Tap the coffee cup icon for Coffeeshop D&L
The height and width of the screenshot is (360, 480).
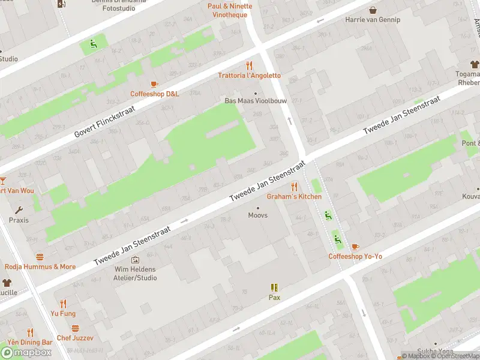(154, 84)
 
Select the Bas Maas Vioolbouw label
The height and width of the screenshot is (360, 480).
(251, 101)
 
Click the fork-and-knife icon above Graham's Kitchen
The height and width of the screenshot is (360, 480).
(294, 187)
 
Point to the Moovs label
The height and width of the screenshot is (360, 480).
(258, 215)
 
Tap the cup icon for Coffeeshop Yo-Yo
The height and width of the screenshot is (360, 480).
(355, 247)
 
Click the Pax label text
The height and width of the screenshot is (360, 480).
(274, 297)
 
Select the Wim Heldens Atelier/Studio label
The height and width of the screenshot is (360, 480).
(136, 274)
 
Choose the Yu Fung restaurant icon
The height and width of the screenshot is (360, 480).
(63, 304)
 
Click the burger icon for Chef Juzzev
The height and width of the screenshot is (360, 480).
(75, 328)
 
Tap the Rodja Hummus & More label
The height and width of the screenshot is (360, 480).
(40, 266)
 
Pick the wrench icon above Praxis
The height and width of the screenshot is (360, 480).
(19, 210)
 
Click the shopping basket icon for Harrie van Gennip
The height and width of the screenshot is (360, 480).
(373, 10)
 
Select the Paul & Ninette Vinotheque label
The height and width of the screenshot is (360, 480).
(230, 10)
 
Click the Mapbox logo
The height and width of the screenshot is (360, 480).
(26, 353)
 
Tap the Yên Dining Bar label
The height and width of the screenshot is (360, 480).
(30, 342)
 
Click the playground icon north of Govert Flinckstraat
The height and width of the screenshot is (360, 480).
(92, 43)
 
